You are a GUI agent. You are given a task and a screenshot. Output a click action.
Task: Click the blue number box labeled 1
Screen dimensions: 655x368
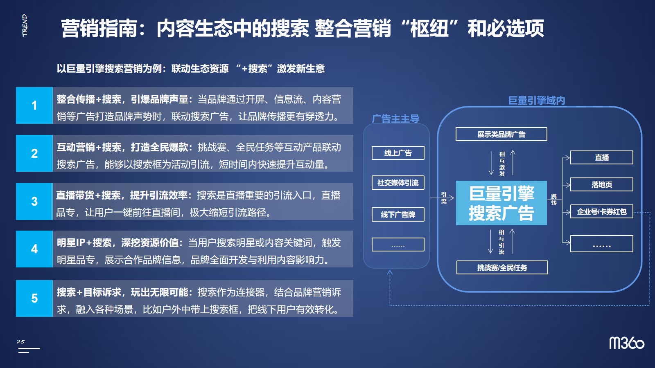34,105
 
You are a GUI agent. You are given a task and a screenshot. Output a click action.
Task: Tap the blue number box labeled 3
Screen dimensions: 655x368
34,202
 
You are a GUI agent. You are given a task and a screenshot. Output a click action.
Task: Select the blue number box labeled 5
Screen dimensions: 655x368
34,298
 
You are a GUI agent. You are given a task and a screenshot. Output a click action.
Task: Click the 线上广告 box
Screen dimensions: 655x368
398,153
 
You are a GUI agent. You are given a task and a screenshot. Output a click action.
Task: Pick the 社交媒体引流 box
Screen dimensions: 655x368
398,183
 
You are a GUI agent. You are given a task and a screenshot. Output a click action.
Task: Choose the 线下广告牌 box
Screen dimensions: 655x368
398,215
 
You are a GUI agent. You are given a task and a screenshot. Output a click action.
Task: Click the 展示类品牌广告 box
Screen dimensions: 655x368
501,135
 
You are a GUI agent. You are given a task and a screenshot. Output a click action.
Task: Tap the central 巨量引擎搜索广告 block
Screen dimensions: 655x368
501,203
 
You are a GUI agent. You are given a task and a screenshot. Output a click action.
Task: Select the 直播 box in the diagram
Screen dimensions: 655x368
602,158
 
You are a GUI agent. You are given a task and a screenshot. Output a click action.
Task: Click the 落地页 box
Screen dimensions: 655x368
602,184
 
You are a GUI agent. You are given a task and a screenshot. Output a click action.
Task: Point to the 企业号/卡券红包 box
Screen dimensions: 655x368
602,211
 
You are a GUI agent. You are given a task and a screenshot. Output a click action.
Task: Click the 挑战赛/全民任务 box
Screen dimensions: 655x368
502,267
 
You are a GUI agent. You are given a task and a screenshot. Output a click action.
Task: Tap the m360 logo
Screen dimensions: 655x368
627,343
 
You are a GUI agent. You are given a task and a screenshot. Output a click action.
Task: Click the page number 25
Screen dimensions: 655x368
20,341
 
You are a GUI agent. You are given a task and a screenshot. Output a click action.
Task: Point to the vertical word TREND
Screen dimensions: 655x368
25,25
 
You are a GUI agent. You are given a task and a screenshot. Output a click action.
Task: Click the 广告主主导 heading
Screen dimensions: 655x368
395,119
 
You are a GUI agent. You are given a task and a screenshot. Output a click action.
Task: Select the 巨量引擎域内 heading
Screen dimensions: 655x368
537,101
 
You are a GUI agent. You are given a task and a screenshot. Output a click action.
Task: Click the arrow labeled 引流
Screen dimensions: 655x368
442,198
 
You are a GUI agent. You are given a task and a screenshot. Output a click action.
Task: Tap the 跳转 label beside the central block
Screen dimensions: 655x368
554,200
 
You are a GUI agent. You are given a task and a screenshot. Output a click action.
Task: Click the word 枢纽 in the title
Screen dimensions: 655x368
429,28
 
